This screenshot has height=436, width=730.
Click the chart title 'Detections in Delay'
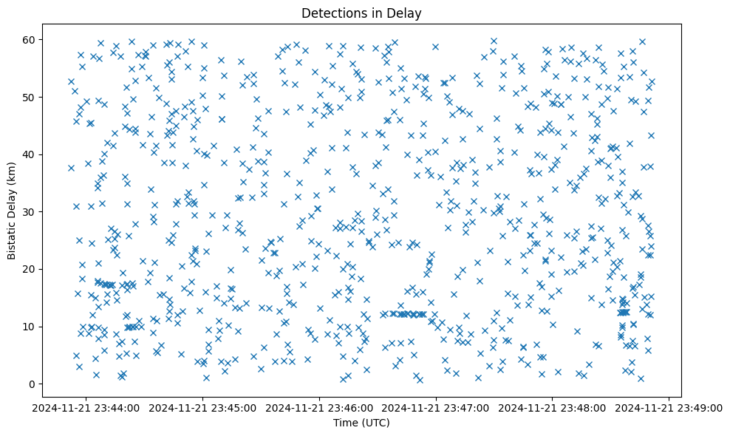point(361,13)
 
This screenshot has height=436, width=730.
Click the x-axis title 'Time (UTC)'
point(361,423)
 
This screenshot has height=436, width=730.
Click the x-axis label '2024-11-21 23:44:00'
point(87,407)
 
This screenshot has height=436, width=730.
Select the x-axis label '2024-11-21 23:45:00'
point(204,407)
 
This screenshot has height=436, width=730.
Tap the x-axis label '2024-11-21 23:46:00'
point(320,407)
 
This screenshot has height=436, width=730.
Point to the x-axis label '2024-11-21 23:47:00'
point(436,407)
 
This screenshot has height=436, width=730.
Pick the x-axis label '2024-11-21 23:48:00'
point(553,407)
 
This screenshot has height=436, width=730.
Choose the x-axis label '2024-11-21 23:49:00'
point(669,407)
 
